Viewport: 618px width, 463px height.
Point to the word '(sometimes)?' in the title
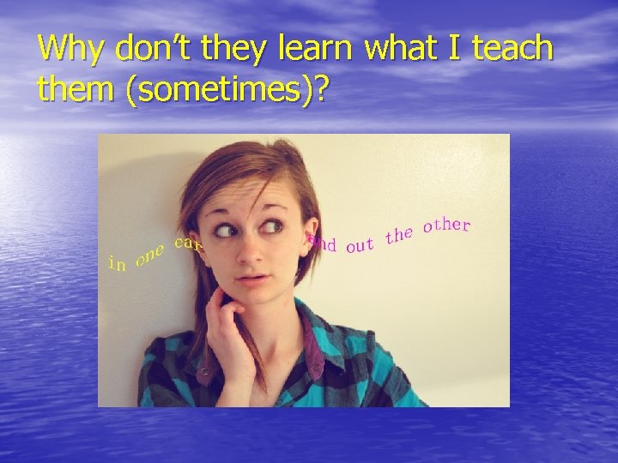pos(227,89)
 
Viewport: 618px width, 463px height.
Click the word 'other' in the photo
pos(446,225)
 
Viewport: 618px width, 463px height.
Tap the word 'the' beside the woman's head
pos(400,234)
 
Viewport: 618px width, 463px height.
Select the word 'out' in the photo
pos(360,246)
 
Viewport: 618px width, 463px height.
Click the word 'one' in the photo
pos(150,254)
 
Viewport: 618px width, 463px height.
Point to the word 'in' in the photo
pos(117,264)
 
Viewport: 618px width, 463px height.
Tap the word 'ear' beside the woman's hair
pos(187,244)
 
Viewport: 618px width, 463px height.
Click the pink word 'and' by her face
pos(322,244)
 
